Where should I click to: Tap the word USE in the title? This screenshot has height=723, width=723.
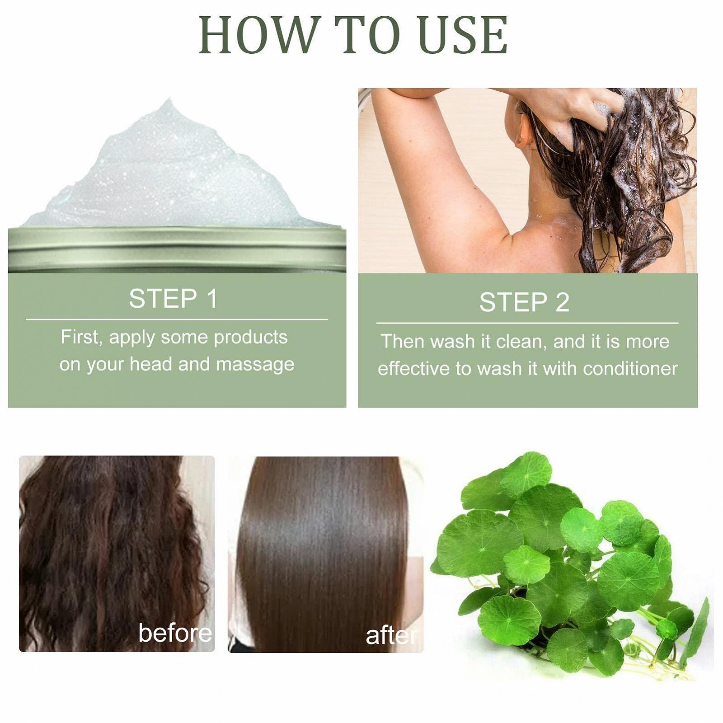[464, 35]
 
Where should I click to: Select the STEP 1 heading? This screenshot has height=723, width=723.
[173, 299]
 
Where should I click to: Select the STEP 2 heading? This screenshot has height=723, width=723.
[524, 302]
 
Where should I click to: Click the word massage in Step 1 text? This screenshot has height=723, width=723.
[255, 364]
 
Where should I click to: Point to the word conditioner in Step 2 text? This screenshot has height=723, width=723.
[630, 369]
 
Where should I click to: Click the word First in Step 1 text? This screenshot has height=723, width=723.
[80, 337]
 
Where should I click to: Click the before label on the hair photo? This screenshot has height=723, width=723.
[175, 633]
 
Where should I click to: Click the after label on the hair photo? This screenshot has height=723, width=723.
[391, 636]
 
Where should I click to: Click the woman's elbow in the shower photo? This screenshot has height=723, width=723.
[388, 97]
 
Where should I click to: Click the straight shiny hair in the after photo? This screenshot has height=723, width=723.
[323, 542]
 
